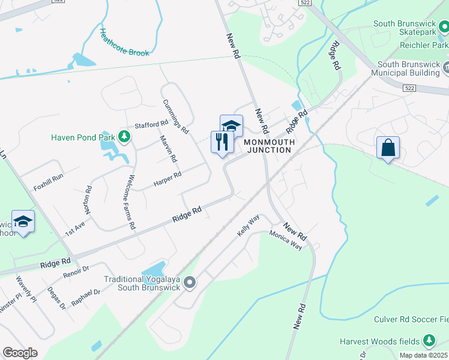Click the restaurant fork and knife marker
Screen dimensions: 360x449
coord(222,142)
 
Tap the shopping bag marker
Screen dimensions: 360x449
coord(388,147)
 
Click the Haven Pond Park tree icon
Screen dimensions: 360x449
coord(124,137)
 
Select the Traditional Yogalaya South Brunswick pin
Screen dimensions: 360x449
coord(190,282)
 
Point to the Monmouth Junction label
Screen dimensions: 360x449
coord(267,146)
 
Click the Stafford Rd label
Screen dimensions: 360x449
coord(151,125)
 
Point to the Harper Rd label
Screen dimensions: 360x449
coord(167,178)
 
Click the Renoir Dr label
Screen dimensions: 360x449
coord(76,273)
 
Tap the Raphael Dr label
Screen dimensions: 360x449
coord(85,296)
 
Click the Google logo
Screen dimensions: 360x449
coord(20,353)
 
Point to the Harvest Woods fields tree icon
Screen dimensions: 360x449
coord(429,341)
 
